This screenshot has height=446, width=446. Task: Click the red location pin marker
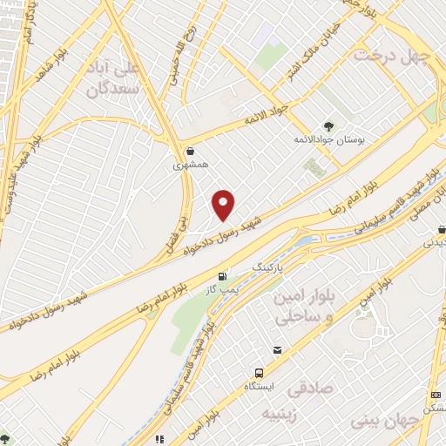click(224, 204)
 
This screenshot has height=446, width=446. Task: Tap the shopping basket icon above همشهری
click(189, 151)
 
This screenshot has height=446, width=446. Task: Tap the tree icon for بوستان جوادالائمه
click(328, 125)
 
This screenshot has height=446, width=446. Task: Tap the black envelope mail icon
click(277, 350)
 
